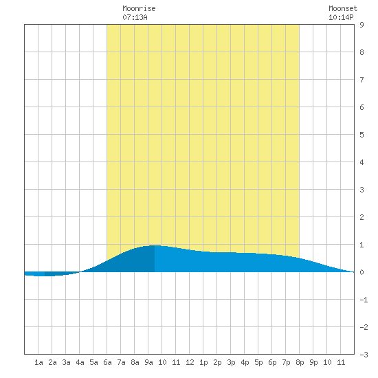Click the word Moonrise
pos(139,9)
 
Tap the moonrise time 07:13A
pos(135,17)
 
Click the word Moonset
pos(343,9)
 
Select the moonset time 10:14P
pos(341,17)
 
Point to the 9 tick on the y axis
pos(362,25)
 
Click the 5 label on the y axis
pos(362,135)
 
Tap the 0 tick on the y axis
pos(362,272)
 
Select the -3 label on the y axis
pos(364,355)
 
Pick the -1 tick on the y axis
pos(364,300)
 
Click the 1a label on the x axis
pos(38,362)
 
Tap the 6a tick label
pos(107,362)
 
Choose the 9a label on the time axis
pos(148,362)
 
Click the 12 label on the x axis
pos(190,362)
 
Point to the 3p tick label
pos(231,362)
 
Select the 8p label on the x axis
pos(300,362)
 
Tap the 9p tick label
pos(313,362)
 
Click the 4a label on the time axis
pos(80,362)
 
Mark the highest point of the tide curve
pos(155,245)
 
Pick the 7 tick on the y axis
pos(362,80)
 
